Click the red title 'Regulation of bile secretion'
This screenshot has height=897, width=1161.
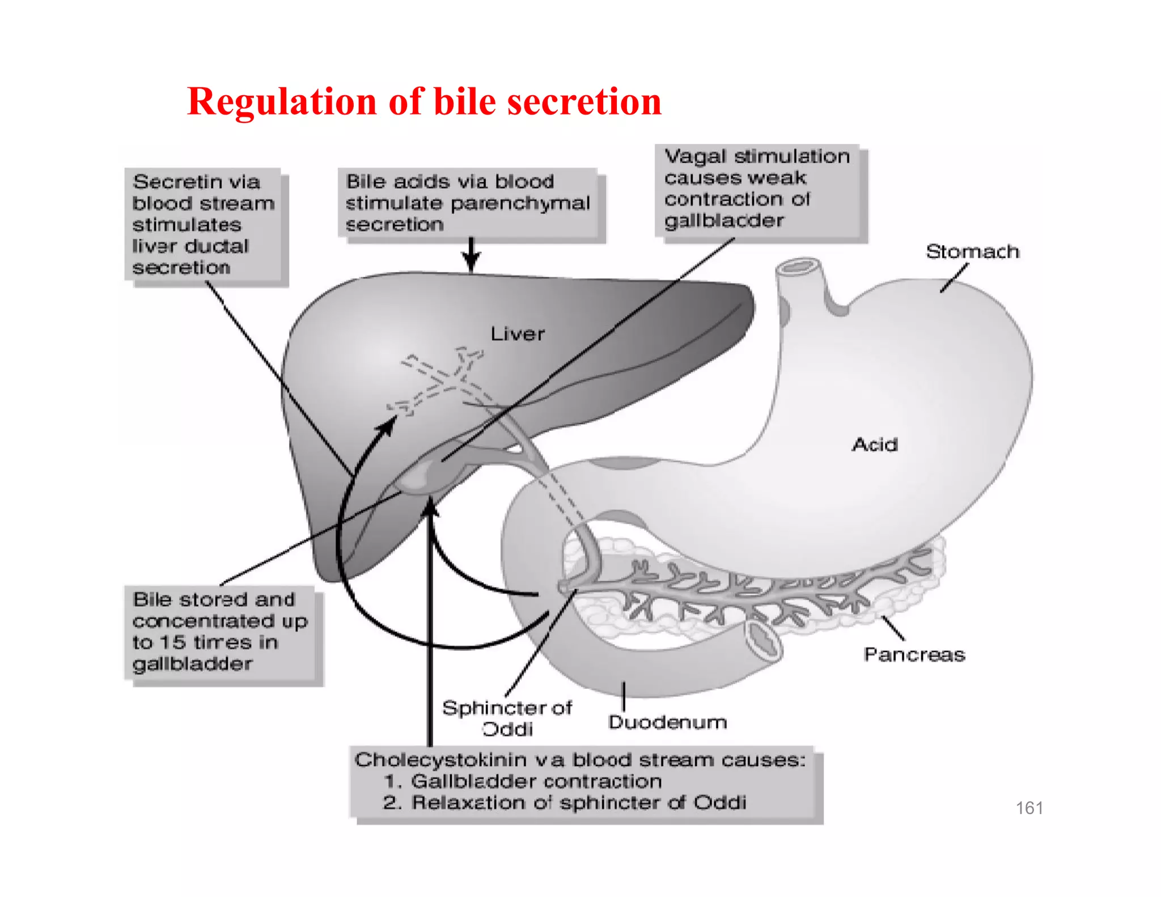click(424, 102)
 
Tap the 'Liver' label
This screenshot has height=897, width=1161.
click(517, 334)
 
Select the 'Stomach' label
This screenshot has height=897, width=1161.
click(972, 251)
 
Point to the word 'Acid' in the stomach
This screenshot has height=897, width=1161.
click(875, 445)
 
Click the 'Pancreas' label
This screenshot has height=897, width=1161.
click(914, 655)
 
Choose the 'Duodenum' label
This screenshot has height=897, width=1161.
click(667, 722)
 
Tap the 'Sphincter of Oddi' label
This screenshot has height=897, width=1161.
click(507, 718)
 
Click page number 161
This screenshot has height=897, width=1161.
click(1029, 807)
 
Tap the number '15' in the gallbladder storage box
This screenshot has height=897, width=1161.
click(172, 642)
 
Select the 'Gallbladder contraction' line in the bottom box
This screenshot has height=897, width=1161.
click(536, 781)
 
